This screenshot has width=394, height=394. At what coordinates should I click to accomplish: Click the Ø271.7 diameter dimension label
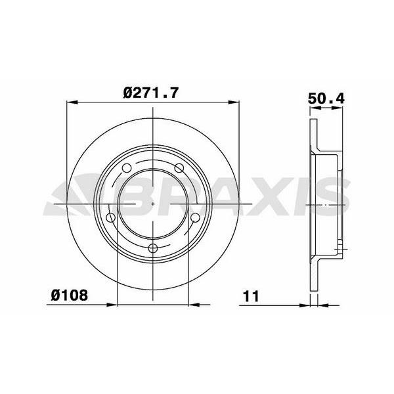(151, 93)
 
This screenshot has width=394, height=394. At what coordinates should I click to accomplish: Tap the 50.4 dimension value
(326, 98)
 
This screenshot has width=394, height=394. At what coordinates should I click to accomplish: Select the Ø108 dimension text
(70, 295)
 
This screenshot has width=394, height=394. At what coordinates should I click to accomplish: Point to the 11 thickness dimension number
(251, 296)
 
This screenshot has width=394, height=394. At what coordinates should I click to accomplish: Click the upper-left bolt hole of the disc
(127, 168)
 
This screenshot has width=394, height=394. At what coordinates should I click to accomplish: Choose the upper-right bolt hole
(179, 168)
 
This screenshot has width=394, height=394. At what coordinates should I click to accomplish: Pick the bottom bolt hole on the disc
(153, 248)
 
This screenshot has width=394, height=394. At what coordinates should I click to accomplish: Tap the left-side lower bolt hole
(111, 217)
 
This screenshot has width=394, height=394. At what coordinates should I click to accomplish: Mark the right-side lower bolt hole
(195, 217)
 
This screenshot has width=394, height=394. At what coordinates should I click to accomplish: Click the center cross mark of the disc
(153, 204)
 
